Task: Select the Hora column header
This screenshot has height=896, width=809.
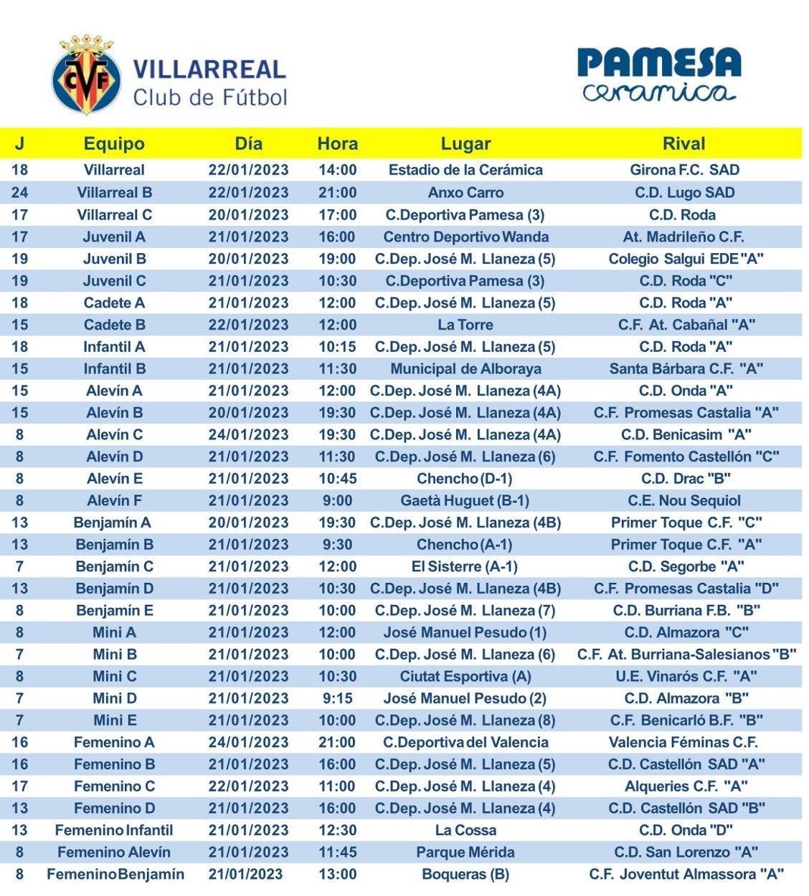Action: (337, 143)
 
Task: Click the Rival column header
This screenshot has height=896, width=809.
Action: (683, 143)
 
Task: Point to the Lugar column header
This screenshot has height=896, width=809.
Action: (465, 143)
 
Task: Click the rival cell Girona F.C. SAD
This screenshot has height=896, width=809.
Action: (683, 170)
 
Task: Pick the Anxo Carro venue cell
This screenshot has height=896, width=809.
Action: (465, 192)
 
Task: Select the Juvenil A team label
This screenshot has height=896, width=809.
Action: (114, 237)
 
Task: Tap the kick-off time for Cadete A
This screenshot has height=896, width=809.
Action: (337, 302)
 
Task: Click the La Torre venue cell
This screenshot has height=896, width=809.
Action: (465, 325)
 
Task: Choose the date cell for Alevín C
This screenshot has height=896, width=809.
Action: (248, 434)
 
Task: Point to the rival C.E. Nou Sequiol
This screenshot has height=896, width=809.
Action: (683, 500)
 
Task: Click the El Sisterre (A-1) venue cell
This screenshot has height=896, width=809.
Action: (465, 566)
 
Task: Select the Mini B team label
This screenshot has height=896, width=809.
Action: (115, 654)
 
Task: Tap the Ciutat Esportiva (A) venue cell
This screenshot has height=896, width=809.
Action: (465, 676)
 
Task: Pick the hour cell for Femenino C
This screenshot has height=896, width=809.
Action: (337, 786)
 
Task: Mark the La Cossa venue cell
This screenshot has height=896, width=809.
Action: (465, 830)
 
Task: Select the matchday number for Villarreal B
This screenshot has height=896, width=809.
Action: (19, 192)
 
